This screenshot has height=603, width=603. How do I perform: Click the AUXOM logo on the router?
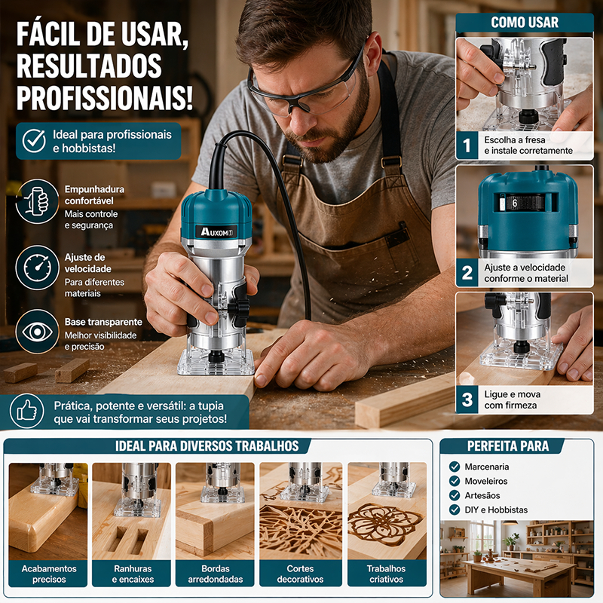coord(217,232)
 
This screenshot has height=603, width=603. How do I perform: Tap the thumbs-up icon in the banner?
coord(27,411)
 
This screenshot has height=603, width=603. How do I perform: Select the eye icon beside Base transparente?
coord(37,332)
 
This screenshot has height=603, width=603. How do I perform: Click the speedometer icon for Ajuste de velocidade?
coord(37,268)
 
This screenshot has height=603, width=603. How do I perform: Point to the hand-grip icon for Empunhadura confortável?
coord(37,201)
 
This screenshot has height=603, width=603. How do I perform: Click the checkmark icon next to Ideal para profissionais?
coord(34,141)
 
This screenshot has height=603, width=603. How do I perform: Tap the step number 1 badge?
coord(467,145)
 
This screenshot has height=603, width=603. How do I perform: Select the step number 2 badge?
coord(467,273)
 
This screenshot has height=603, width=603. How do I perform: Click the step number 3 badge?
coord(467,399)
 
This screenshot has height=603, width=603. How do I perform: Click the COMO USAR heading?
coord(525,23)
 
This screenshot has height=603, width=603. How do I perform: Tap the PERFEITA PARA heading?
coord(508,446)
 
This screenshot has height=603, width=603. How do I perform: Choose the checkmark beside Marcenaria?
coord(455,467)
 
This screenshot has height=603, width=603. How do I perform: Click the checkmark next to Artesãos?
coord(455,495)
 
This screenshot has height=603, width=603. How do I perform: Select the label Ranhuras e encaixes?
coord(133,574)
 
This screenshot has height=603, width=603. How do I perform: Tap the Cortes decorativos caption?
coord(300,574)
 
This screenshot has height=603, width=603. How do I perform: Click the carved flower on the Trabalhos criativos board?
coord(383,524)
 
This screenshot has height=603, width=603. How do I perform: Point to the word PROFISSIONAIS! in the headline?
coord(105,98)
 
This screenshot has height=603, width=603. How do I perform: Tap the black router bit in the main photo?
coord(216,356)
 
